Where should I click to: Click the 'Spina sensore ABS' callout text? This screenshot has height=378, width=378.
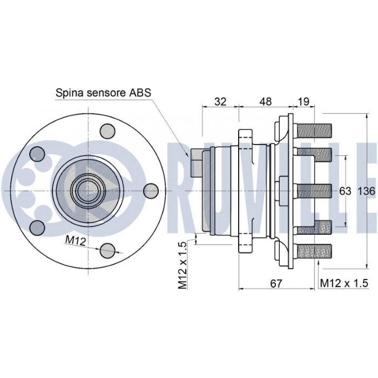(x=102, y=92)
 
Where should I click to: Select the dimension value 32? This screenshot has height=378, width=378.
(x=220, y=101)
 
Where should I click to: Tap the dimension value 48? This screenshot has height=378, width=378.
(x=266, y=101)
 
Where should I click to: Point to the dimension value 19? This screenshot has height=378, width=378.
(x=303, y=101)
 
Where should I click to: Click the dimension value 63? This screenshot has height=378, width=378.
(x=345, y=191)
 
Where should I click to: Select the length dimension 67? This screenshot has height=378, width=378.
(x=277, y=283)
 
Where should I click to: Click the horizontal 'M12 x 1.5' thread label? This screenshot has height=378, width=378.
(x=344, y=283)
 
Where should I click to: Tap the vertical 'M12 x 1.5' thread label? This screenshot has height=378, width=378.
(x=183, y=266)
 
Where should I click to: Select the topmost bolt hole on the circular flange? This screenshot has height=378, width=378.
(x=107, y=131)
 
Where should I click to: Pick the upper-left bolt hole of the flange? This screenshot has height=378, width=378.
(x=37, y=153)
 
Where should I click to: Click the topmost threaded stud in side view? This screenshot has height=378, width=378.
(x=314, y=131)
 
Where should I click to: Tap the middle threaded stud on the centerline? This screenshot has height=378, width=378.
(x=314, y=191)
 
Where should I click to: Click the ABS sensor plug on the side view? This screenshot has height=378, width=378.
(x=196, y=163)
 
